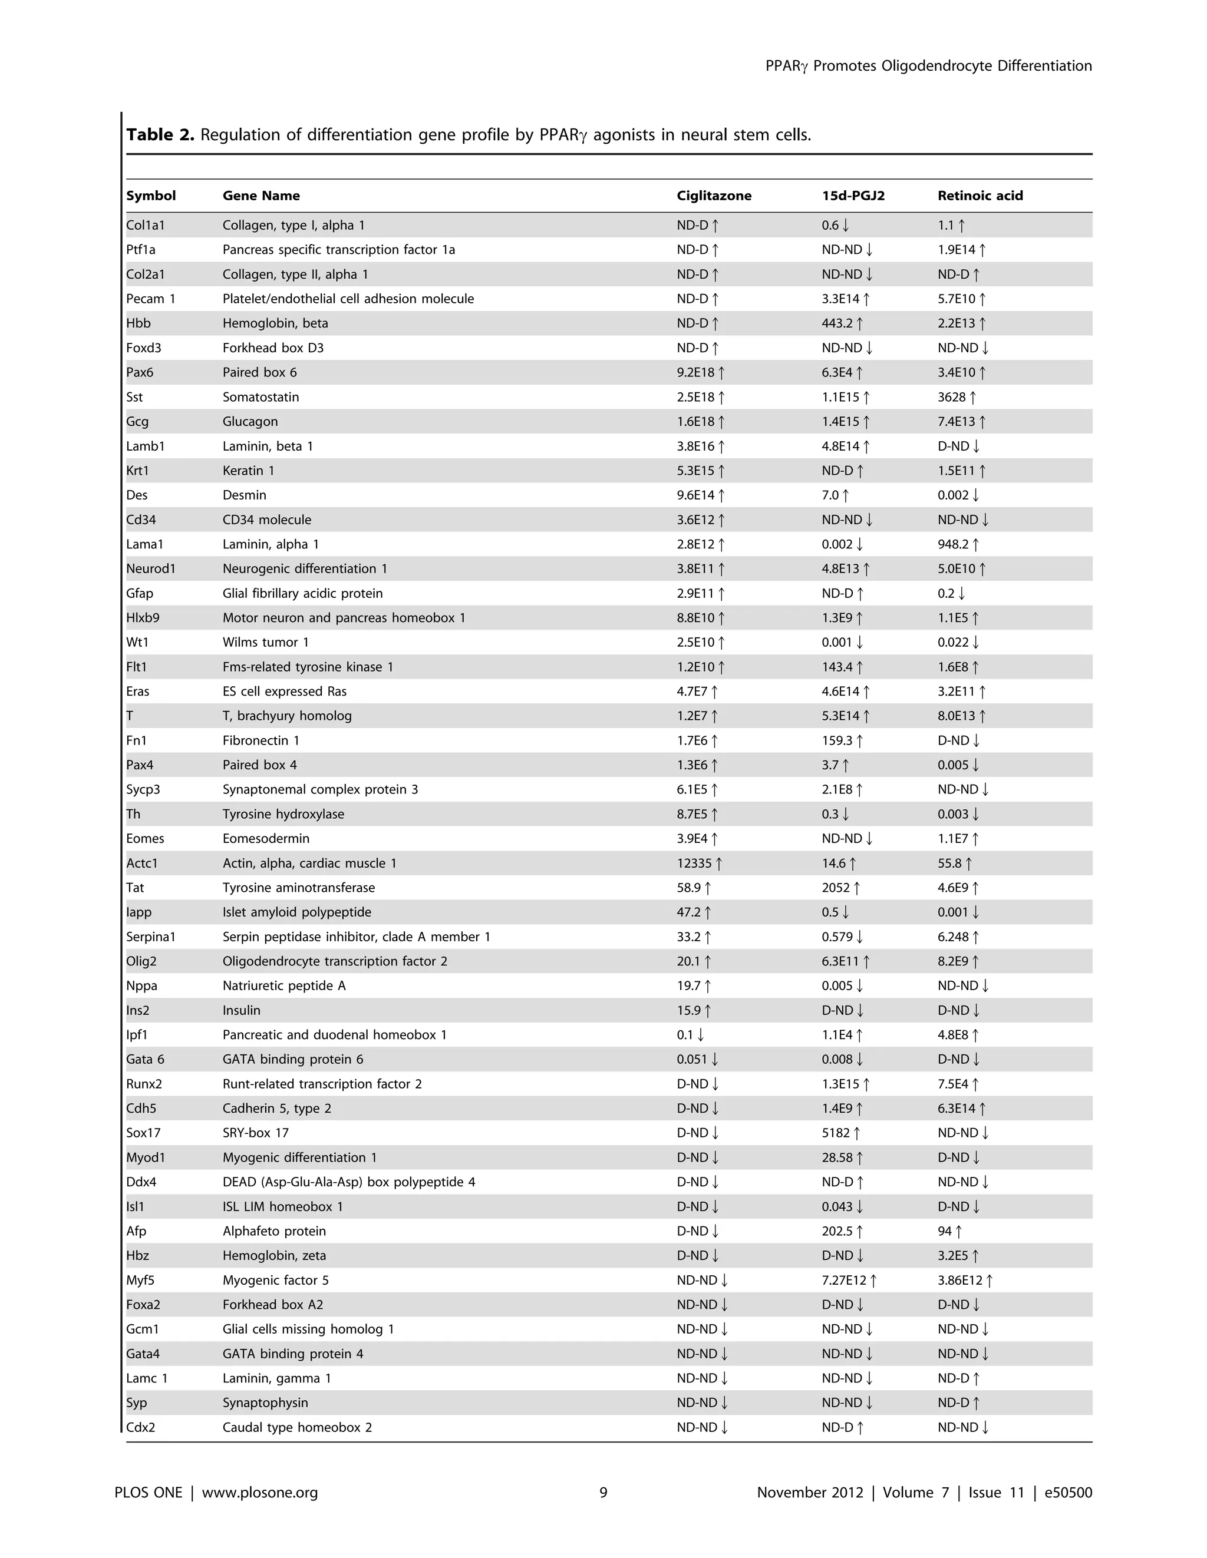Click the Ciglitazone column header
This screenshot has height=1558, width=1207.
(714, 196)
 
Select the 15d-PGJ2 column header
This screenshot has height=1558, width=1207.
(853, 196)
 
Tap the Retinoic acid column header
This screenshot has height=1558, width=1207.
(980, 196)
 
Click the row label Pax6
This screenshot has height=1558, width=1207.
(140, 372)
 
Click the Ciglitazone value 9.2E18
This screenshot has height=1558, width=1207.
(695, 372)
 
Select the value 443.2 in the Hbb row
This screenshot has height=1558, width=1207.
(837, 323)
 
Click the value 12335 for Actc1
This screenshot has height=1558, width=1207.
(694, 863)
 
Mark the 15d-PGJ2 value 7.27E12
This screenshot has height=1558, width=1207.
(844, 1280)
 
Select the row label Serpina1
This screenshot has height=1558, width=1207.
(151, 937)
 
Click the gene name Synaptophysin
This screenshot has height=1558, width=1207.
(266, 1402)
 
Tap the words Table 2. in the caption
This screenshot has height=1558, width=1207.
(160, 135)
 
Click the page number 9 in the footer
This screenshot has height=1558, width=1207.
(603, 1493)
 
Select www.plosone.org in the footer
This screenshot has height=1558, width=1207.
(260, 1493)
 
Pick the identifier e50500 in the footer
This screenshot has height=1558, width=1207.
(1068, 1493)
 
